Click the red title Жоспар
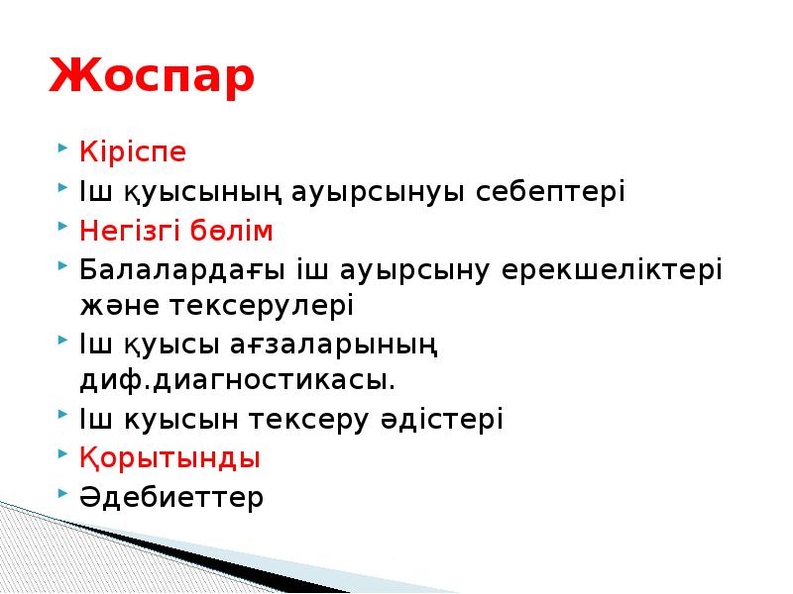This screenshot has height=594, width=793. (152, 77)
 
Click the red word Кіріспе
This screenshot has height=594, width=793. (133, 153)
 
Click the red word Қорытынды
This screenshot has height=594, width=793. (170, 458)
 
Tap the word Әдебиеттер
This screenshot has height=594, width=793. (171, 496)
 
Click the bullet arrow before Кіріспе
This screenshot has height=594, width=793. (63, 150)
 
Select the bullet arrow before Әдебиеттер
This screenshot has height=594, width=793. (63, 493)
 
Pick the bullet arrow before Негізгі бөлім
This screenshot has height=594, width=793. (63, 228)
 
